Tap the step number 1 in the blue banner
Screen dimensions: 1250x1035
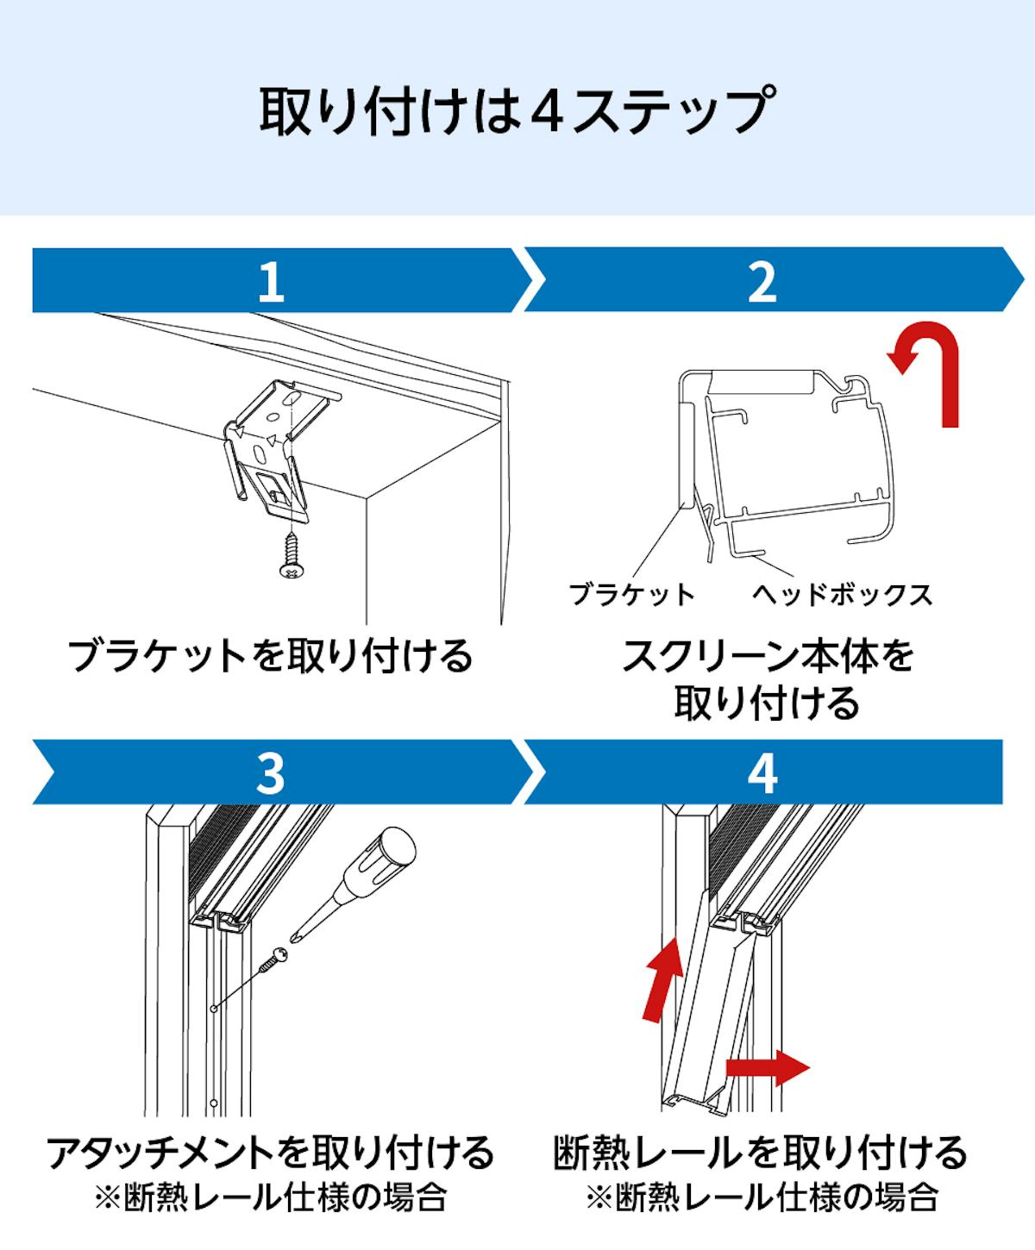coord(271,281)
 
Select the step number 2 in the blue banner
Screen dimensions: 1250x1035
coord(762,281)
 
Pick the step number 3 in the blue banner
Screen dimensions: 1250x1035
coord(271,772)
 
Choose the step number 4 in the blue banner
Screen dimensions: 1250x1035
coord(762,772)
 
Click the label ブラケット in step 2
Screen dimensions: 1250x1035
coord(632,595)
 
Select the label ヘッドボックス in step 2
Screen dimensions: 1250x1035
coord(842,595)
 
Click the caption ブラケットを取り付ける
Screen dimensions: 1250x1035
coord(271,656)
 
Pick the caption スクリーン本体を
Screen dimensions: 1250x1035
coord(767,656)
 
